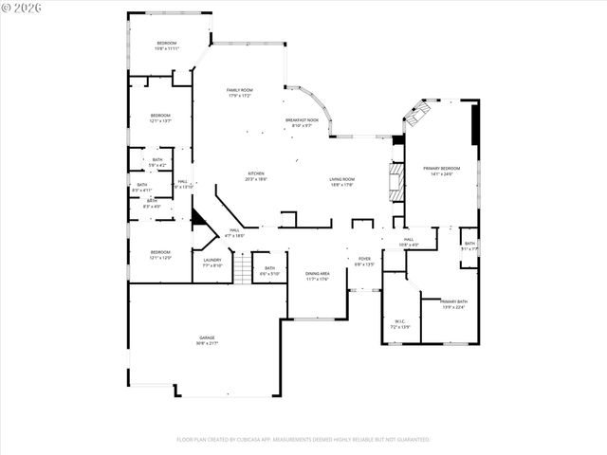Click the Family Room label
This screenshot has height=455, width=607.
(x=239, y=93)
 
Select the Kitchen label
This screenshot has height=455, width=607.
(x=256, y=175)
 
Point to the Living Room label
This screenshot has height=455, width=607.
(x=342, y=181)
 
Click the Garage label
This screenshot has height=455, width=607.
(x=207, y=339)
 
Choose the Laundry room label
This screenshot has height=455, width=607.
(x=212, y=263)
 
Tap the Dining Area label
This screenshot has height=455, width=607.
(x=317, y=276)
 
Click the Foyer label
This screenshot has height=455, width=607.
(x=364, y=261)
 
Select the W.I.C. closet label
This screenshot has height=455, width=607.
(x=399, y=323)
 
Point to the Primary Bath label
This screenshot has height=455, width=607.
(x=453, y=304)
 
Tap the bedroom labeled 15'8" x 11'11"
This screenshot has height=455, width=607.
(x=167, y=45)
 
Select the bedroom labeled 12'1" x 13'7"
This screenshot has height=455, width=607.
(x=160, y=118)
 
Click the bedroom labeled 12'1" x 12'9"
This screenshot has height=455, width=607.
(x=159, y=254)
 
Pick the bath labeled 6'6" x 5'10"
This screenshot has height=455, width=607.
(x=270, y=271)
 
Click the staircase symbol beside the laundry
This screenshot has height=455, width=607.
(x=244, y=269)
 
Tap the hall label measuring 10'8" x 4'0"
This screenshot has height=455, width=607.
(x=409, y=242)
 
